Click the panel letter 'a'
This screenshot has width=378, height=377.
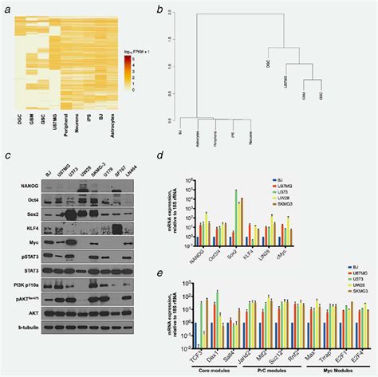7,9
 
